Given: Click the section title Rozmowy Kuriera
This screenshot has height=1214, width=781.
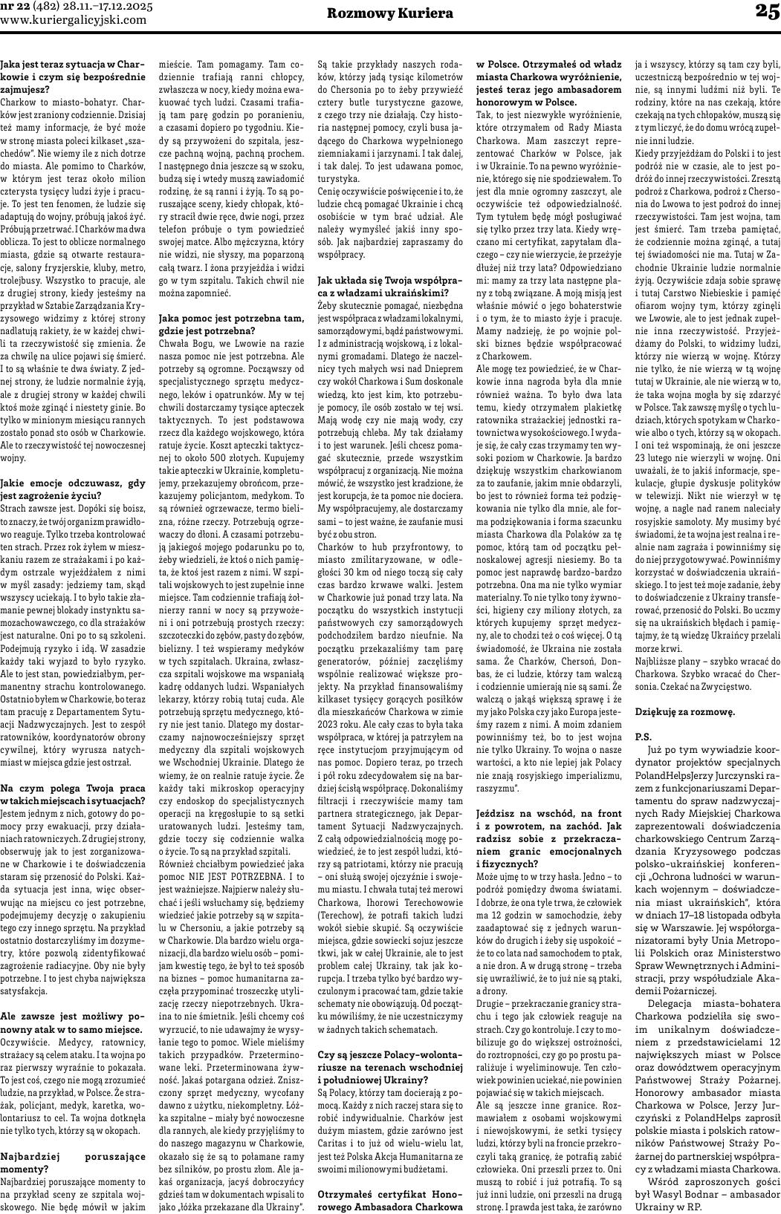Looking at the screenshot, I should [390, 13].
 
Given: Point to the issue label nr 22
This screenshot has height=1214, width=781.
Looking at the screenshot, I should [16, 6].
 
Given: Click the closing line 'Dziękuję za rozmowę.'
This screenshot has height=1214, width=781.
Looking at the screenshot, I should [684, 711].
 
